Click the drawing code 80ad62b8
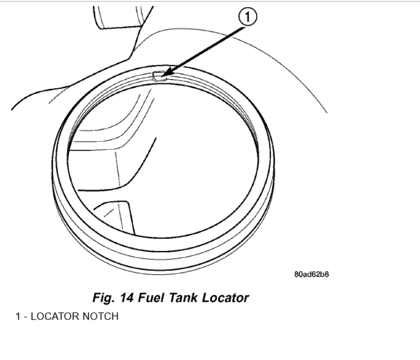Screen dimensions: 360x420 point(311,274)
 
